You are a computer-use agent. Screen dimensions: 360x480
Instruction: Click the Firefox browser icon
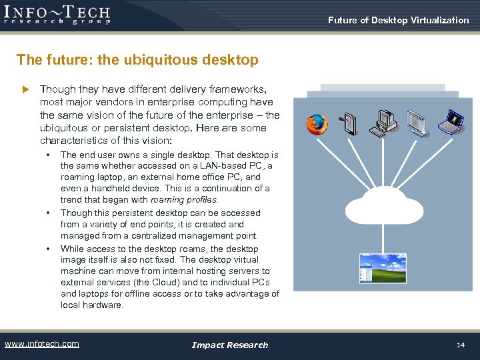(x=317, y=125)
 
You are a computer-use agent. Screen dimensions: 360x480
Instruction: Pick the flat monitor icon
(x=418, y=122)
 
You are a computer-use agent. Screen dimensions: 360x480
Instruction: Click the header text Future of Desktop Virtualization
(x=398, y=20)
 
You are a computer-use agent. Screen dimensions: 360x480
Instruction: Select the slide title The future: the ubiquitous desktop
(x=137, y=60)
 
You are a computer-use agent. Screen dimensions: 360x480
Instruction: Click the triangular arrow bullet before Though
(x=26, y=89)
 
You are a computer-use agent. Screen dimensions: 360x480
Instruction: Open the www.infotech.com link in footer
(x=41, y=344)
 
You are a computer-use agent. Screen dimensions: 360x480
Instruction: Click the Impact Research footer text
(x=229, y=345)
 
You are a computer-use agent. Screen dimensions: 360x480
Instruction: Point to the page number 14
(x=460, y=345)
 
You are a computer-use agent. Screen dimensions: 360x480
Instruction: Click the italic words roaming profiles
(x=184, y=199)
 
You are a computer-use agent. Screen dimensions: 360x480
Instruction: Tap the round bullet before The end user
(x=48, y=155)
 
